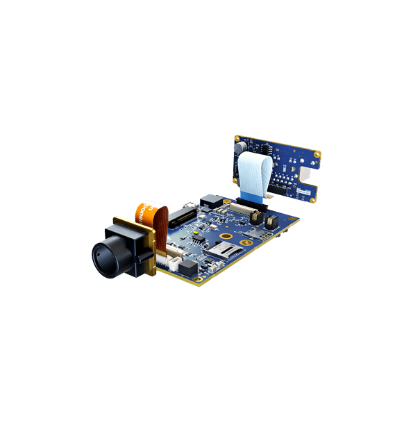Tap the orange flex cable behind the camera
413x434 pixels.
coord(149,212)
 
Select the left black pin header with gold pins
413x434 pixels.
coord(255,217)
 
